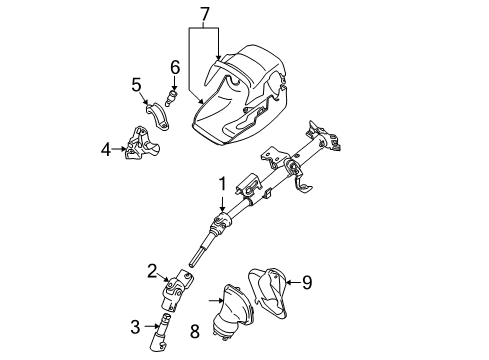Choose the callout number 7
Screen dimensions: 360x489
tap(205, 13)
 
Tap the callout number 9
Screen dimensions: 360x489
tap(308, 281)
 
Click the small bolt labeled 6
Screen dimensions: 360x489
tap(172, 96)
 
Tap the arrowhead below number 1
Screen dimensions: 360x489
tap(222, 207)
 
